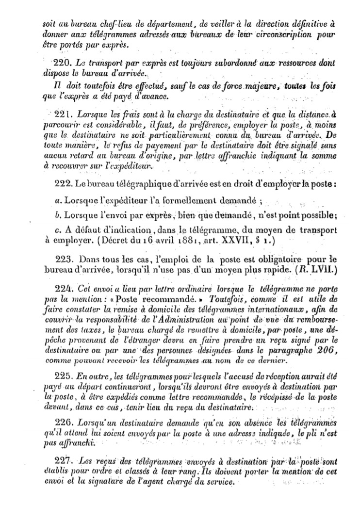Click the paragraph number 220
(65, 63)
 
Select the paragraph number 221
(65, 114)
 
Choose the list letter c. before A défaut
(56, 229)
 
